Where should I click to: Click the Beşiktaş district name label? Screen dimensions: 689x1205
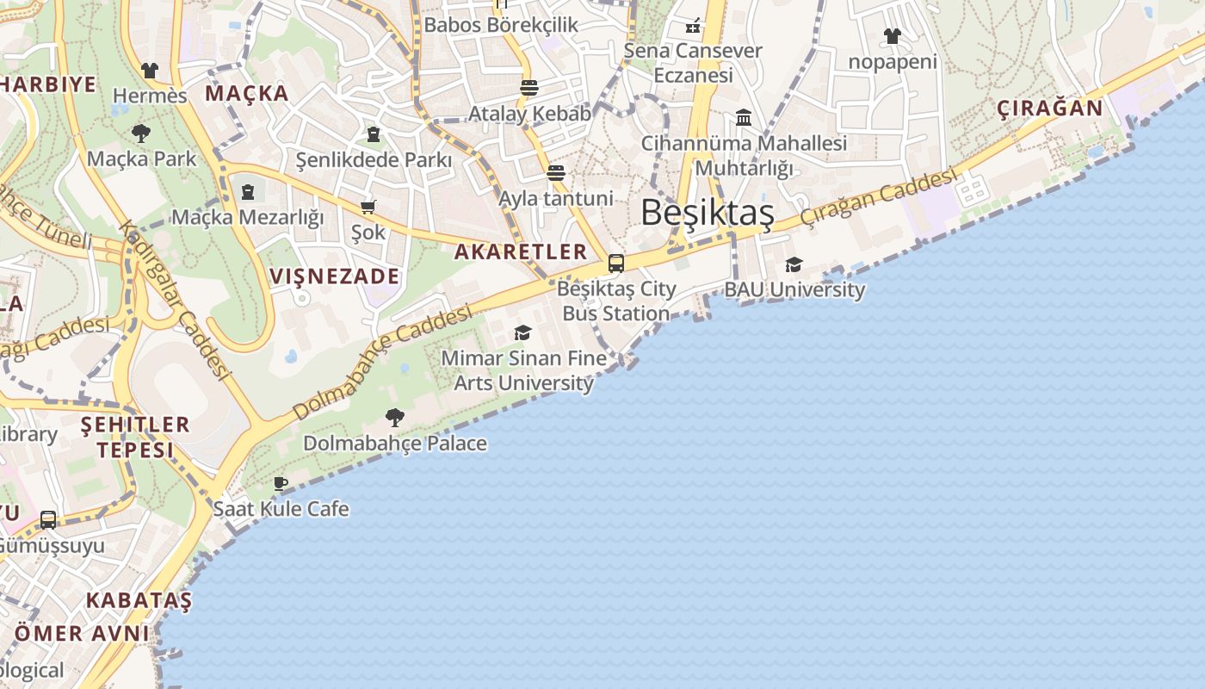(707, 213)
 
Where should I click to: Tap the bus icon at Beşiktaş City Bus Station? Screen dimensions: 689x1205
(616, 264)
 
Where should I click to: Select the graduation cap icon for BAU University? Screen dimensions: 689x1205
(794, 264)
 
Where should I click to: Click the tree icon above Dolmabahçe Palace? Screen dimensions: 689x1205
(395, 418)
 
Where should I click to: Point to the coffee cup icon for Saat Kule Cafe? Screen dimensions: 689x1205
(281, 483)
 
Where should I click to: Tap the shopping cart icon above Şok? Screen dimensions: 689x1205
(368, 207)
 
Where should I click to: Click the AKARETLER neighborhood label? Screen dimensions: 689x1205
(520, 251)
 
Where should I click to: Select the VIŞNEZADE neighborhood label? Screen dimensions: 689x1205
(335, 276)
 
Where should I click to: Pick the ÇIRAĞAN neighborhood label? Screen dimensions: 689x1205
(1049, 109)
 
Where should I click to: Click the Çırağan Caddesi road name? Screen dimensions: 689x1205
(878, 197)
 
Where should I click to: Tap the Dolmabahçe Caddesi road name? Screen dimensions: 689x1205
(383, 362)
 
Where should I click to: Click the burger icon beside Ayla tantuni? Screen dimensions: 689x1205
(556, 173)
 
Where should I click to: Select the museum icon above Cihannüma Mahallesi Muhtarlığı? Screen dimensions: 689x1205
(744, 117)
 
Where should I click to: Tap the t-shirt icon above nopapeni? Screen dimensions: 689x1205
(893, 36)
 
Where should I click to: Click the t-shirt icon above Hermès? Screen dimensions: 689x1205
(150, 70)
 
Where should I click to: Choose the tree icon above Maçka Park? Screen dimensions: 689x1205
(141, 133)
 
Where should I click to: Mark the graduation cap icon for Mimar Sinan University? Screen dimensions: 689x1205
(522, 332)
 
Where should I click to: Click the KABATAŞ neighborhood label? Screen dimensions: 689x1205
(139, 599)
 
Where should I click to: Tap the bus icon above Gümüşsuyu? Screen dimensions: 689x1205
(48, 520)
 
